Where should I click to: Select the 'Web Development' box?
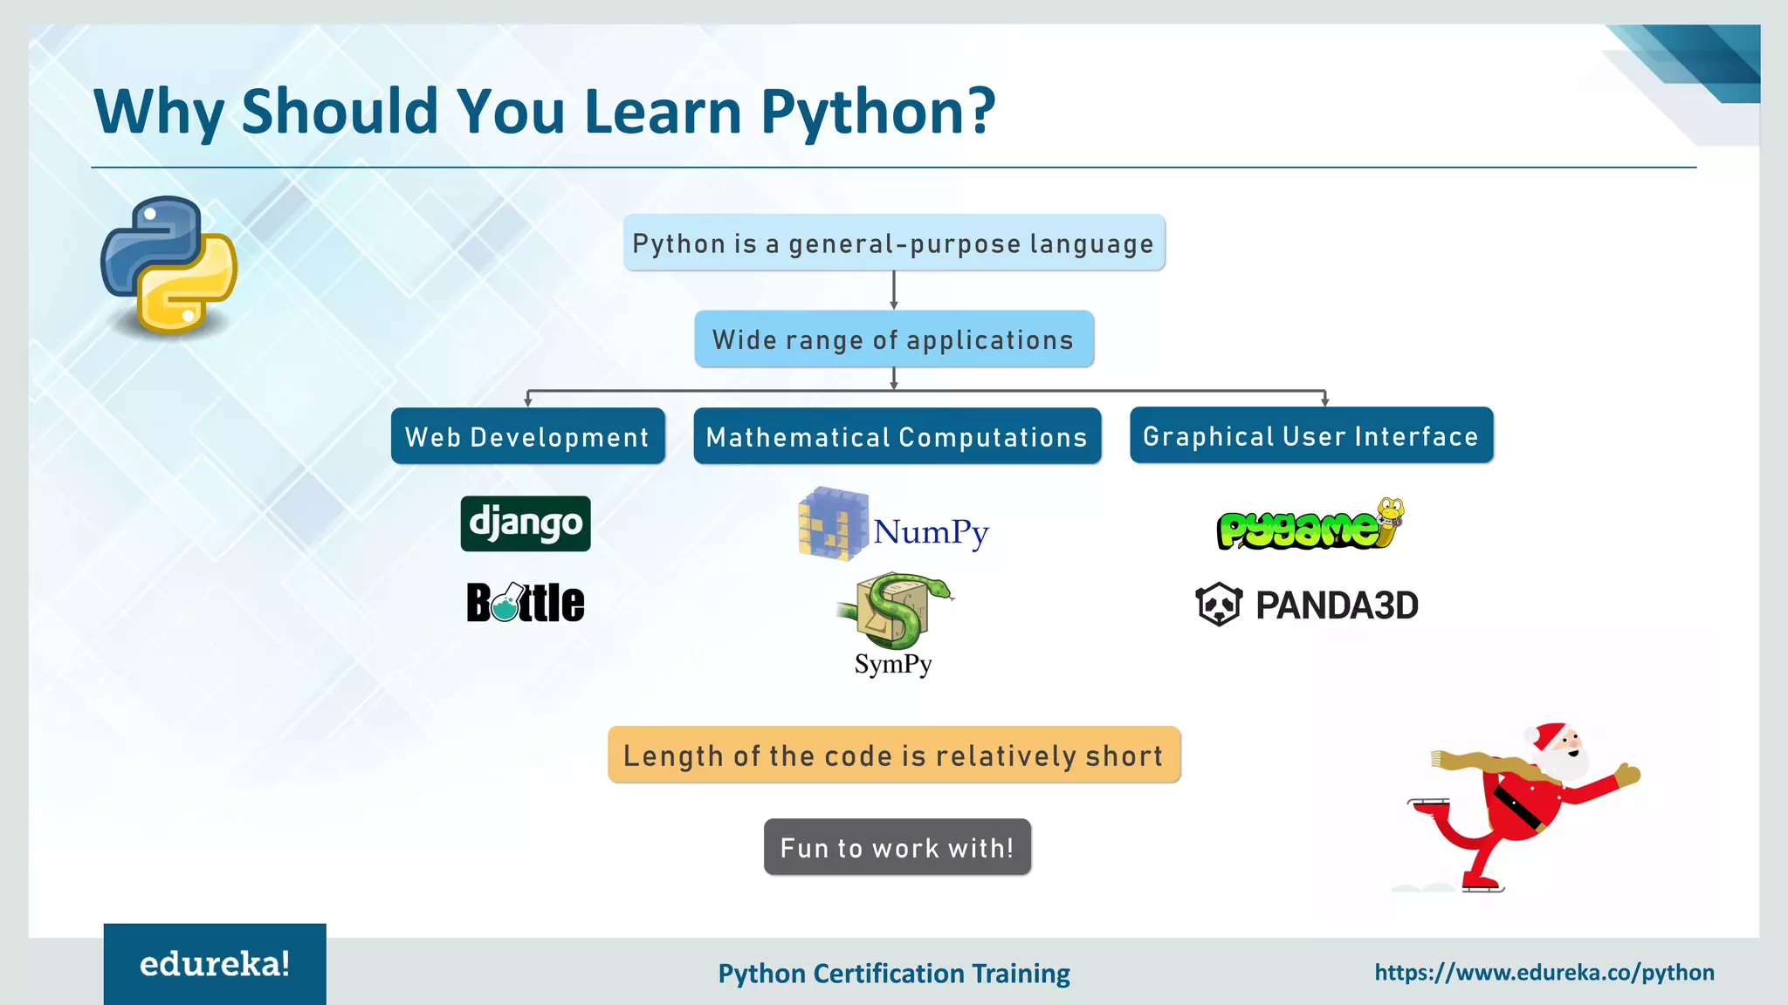click(527, 436)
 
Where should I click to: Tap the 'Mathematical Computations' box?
click(897, 436)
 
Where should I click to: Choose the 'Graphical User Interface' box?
click(1310, 435)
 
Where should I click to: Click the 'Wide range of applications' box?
click(893, 339)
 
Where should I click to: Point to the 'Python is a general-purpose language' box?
click(893, 243)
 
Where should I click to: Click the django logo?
click(526, 523)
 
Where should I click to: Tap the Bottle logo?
click(526, 602)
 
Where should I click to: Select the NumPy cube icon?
click(833, 523)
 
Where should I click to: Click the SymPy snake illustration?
click(893, 611)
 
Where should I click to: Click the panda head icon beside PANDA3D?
click(1219, 605)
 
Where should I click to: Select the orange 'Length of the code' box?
click(893, 755)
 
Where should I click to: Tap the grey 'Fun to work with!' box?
click(897, 847)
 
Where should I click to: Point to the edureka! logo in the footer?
click(215, 964)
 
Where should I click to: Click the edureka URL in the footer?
click(1544, 973)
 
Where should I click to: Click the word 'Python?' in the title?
click(877, 112)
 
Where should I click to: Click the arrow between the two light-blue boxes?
click(893, 290)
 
